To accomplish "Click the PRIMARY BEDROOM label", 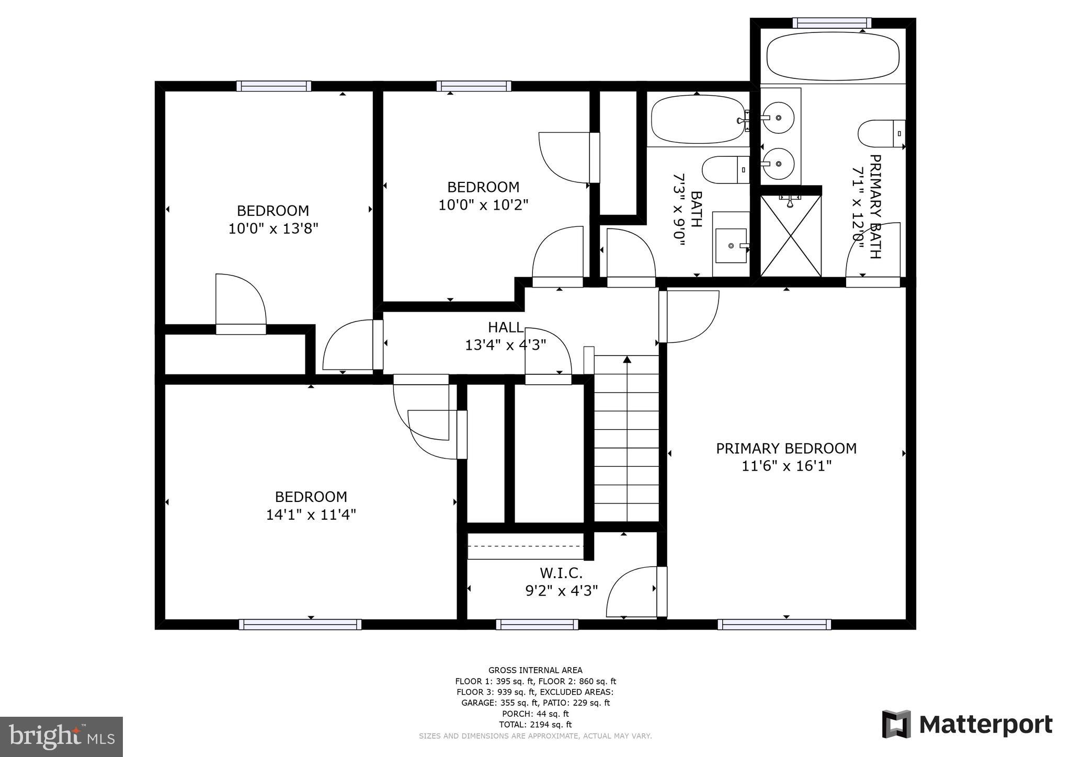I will point(786,449).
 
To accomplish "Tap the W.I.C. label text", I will point(561,573).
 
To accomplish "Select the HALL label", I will point(505,327).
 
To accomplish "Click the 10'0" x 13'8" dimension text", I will point(273,228).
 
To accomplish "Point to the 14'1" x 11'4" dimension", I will point(311,514).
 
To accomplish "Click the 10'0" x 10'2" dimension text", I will point(483,204).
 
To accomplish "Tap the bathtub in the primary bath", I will point(833,56).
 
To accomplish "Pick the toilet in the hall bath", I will point(724,170).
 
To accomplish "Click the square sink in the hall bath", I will point(731,245).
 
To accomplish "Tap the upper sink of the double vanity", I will point(779,119).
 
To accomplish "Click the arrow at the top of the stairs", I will point(627,359).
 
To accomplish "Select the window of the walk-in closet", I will point(537,624).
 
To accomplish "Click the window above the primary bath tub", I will point(831,23).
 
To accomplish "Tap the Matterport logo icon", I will point(896,725).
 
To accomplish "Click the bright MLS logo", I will point(61,737).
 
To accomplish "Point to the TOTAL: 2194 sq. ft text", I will point(535,725).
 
